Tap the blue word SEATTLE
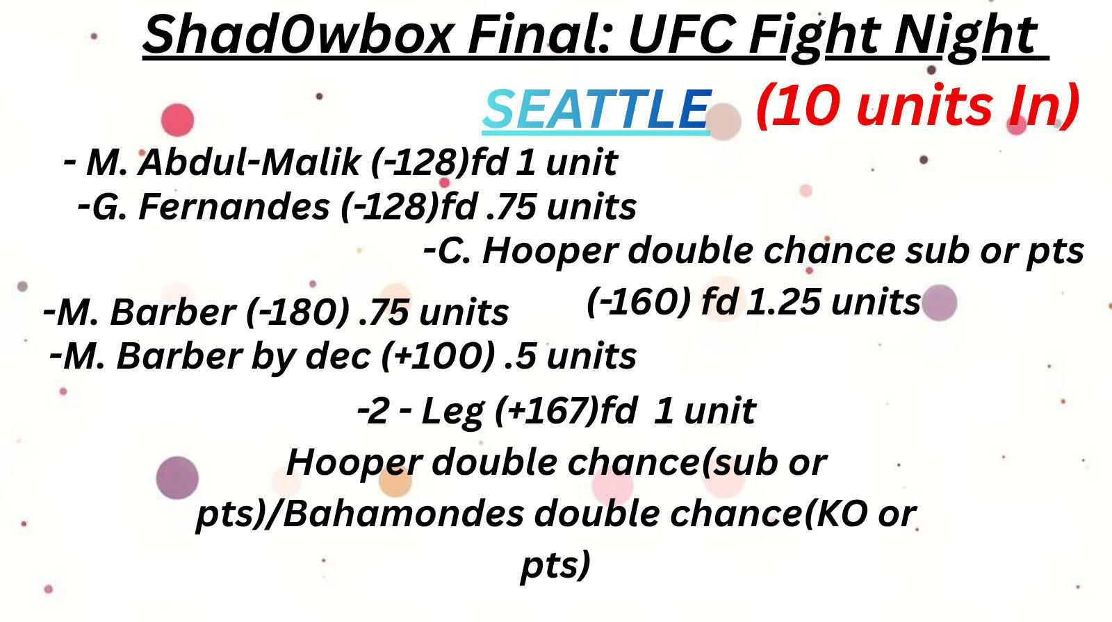coord(596,110)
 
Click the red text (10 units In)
coord(917,106)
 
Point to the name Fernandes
coord(234,207)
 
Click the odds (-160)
coord(638,302)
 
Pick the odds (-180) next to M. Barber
coord(297,312)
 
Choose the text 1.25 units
coord(832,302)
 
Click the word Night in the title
coord(966,35)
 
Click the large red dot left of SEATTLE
coord(177,119)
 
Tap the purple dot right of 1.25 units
coord(940,303)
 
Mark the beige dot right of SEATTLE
coord(724,121)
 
